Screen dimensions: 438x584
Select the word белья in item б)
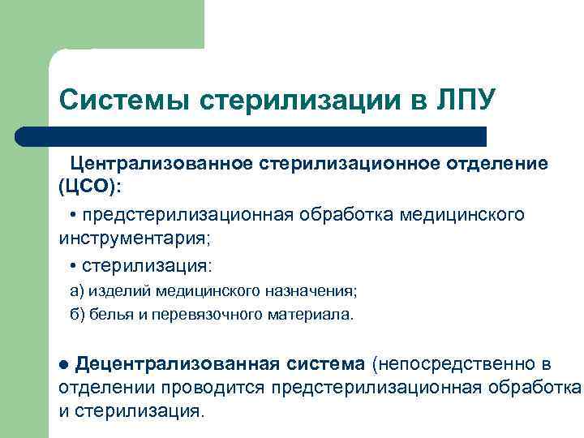pos(109,315)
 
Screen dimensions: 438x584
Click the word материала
pos(311,315)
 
